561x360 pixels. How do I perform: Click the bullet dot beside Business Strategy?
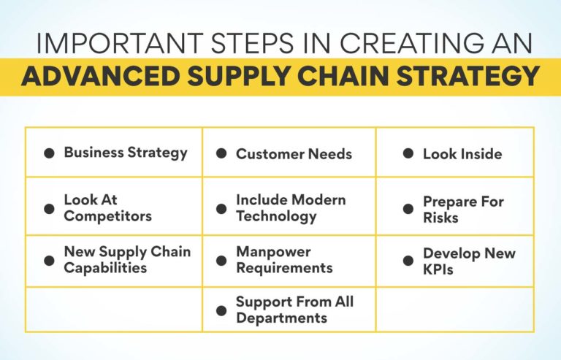click(49, 153)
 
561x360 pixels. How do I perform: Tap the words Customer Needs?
click(294, 154)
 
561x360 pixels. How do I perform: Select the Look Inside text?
click(462, 154)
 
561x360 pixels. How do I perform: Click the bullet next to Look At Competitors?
click(49, 208)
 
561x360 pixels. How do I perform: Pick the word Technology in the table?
click(276, 216)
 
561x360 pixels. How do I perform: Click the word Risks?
click(440, 218)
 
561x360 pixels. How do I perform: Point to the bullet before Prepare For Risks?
click(408, 209)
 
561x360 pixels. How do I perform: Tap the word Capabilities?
click(105, 268)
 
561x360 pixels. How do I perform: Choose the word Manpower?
click(273, 252)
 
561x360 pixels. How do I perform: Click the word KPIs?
click(439, 269)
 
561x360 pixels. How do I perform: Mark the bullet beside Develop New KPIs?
click(408, 261)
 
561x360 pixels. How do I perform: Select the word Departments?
click(280, 318)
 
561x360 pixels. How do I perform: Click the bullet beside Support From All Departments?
click(221, 310)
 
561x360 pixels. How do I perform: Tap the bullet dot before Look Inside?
click(408, 154)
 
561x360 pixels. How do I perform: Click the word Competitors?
click(107, 216)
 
